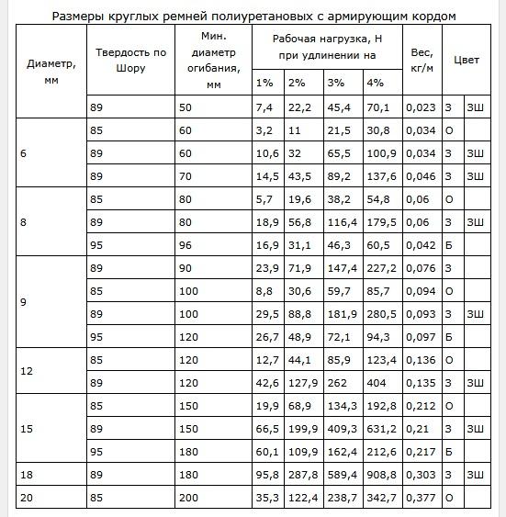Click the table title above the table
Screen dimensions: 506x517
tap(253, 16)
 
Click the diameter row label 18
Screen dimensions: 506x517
tap(26, 475)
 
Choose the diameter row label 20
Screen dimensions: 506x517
tap(26, 498)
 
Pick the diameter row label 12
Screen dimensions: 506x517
tap(26, 371)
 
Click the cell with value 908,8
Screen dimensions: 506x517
tap(382, 475)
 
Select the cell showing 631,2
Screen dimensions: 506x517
tap(382, 429)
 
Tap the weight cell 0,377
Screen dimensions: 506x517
tap(423, 498)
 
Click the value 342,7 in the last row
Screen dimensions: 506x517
tap(382, 498)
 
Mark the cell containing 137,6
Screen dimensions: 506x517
tap(382, 175)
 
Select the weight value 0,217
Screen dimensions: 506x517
tap(423, 452)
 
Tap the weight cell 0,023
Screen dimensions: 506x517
tap(423, 107)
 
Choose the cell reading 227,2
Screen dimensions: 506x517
tap(382, 268)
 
